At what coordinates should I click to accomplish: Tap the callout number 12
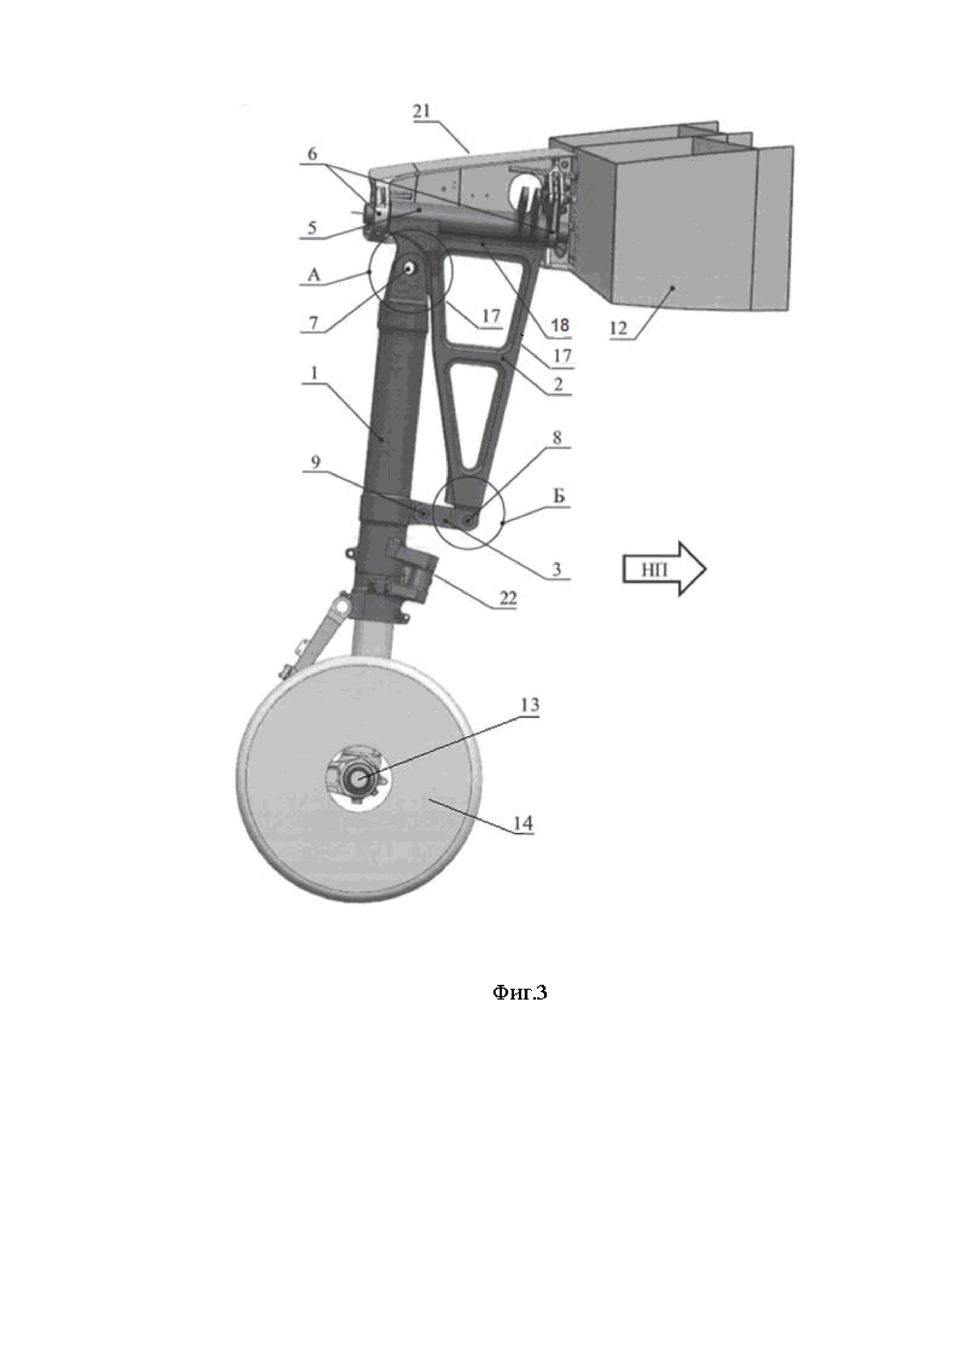tap(618, 328)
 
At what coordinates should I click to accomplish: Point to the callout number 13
tap(530, 705)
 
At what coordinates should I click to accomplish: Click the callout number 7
tap(314, 323)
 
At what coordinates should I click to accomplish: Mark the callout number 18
tap(560, 325)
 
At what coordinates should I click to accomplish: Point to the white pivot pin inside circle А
tap(408, 268)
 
